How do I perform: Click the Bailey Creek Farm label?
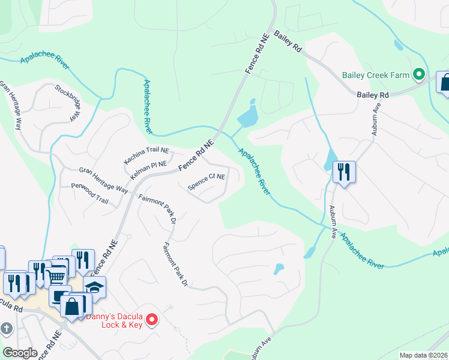click(x=376, y=76)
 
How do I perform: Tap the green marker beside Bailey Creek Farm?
click(x=419, y=76)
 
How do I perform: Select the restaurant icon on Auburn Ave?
click(x=344, y=172)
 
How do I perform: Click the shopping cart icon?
click(x=55, y=276)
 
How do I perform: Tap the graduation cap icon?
click(x=94, y=287)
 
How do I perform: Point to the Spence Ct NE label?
click(x=206, y=182)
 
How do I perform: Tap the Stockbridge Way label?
click(x=67, y=103)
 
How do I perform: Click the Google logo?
click(x=20, y=353)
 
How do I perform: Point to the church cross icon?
click(x=6, y=329)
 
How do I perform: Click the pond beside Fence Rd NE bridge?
click(x=248, y=116)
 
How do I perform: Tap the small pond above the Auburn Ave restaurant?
click(x=330, y=159)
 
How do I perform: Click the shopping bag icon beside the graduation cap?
click(x=72, y=306)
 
